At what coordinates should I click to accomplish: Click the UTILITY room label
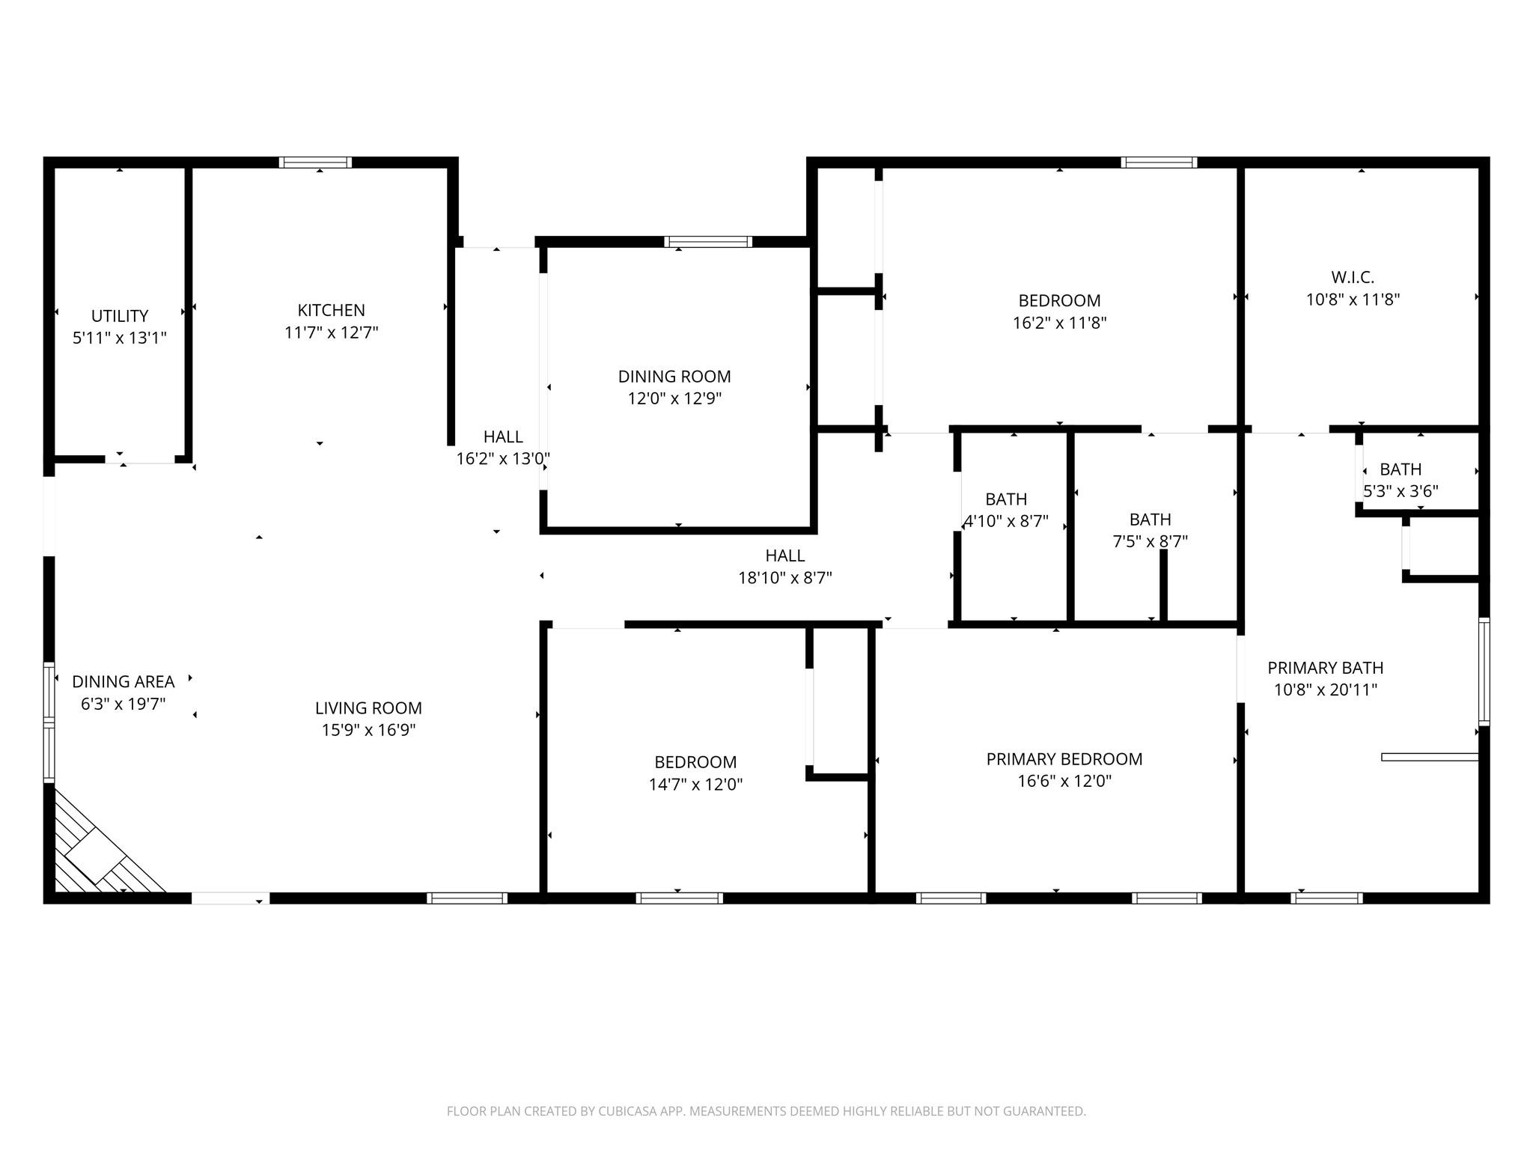click(120, 316)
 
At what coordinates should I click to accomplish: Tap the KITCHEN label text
click(332, 310)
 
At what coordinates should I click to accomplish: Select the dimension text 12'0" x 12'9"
click(674, 398)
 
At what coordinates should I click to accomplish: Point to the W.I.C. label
click(1353, 277)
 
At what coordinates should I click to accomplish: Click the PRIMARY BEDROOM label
click(1064, 759)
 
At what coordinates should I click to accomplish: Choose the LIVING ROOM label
click(368, 708)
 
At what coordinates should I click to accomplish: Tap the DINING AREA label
click(124, 682)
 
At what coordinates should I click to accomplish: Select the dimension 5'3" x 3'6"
click(1401, 491)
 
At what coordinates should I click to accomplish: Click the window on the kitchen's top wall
click(315, 162)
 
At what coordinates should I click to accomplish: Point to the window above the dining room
click(708, 242)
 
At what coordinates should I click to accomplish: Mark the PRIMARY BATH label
click(1326, 668)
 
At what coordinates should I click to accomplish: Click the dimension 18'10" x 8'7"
click(785, 578)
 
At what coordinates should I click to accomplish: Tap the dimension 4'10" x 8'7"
click(1007, 521)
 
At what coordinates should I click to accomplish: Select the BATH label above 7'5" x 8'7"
click(1150, 520)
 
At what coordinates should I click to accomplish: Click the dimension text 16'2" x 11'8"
click(1060, 323)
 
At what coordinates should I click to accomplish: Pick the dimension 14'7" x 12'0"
click(696, 785)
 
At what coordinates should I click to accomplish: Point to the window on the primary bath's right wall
click(1484, 672)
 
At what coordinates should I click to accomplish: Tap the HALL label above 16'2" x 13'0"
click(503, 436)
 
